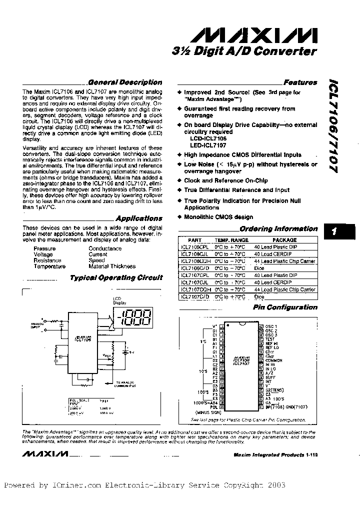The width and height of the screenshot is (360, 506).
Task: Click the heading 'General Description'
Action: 124,82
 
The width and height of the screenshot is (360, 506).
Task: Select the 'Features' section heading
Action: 300,82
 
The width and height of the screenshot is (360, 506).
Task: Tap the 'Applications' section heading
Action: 139,218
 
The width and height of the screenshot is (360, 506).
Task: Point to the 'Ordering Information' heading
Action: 278,229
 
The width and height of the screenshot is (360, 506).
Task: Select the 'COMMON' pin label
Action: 274,360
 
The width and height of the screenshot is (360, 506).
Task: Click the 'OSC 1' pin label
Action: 271,325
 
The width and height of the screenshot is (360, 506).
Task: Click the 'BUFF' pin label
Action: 270,377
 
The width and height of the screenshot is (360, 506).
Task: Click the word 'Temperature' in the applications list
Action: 49,266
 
